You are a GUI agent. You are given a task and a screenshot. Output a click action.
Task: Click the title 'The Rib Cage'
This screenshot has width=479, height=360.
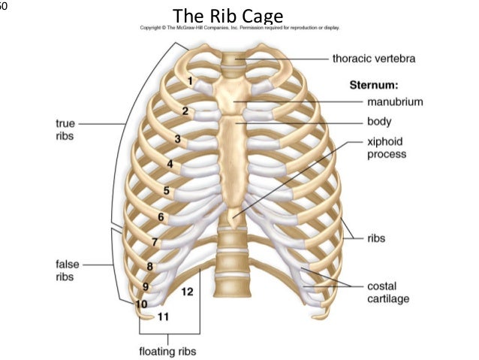[227, 15]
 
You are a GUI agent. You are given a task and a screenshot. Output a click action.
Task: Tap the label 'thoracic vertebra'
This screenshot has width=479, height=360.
[374, 58]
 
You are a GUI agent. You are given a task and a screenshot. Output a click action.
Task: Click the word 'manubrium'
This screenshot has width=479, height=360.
[395, 101]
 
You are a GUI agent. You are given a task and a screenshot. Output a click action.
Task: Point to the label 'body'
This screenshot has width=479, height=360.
[379, 121]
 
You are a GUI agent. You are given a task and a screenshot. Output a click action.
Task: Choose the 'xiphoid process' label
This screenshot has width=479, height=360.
[387, 147]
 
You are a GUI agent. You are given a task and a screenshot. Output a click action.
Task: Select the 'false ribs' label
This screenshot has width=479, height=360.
[67, 271]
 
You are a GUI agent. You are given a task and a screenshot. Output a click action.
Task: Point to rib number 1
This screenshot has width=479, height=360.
[191, 80]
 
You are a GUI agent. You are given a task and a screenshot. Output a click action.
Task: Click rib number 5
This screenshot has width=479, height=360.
[167, 190]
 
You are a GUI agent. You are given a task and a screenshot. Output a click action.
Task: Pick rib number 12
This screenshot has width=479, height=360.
[188, 291]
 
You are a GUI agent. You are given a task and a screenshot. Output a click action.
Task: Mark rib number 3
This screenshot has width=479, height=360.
[178, 138]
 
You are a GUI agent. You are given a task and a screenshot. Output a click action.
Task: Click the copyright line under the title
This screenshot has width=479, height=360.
[239, 28]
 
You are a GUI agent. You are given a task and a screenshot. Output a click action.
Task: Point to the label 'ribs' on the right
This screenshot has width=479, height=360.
[377, 239]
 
